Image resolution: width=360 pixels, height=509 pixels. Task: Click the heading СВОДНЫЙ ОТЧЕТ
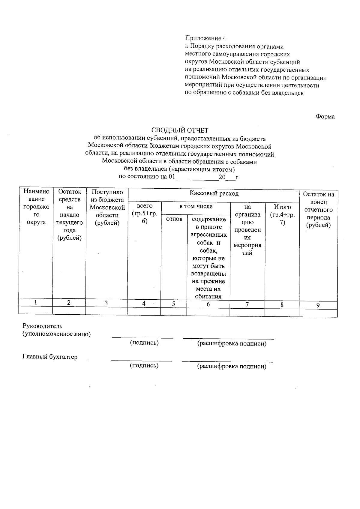coord(179,130)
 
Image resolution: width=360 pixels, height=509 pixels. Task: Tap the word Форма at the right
coord(325,117)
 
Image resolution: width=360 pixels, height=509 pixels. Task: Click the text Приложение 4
coord(205,38)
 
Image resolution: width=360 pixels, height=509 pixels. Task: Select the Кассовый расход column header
coord(214,193)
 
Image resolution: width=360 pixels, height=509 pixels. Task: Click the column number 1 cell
coord(36,303)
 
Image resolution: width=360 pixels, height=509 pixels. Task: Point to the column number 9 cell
coord(318,305)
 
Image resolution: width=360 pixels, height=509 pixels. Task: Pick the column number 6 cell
coord(208,304)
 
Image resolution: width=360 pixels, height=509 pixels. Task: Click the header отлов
coord(174,219)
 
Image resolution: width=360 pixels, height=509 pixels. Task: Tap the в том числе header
coord(196,206)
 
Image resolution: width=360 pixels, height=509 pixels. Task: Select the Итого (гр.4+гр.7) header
coord(282,215)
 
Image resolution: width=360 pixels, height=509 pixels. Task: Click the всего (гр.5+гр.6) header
coord(144,213)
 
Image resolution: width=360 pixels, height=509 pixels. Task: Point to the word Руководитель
coord(43,326)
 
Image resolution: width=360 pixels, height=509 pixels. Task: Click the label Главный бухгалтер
coord(50,357)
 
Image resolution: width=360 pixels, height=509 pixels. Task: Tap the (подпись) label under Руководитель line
coord(144,343)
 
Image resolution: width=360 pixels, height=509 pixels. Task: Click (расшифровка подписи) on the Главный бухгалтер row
coord(232,366)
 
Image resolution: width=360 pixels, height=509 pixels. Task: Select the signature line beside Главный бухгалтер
coord(141,360)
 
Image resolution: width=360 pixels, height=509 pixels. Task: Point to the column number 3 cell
coord(106,303)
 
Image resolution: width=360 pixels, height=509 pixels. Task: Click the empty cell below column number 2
coord(69,310)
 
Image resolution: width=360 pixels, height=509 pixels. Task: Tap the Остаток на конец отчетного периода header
coord(318,210)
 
